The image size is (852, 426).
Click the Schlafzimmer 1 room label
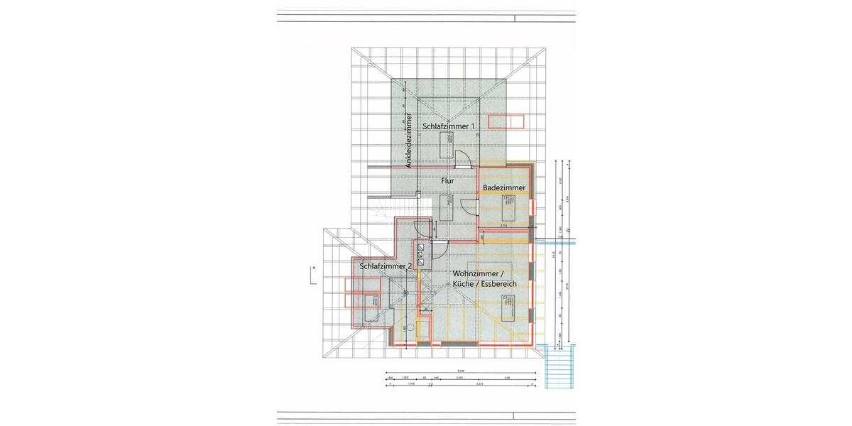tap(448, 126)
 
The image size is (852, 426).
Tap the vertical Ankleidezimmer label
tap(408, 140)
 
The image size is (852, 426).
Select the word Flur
tap(447, 181)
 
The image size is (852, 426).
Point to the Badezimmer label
tap(504, 187)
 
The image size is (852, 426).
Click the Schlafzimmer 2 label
tap(386, 266)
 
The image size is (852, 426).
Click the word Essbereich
tap(498, 284)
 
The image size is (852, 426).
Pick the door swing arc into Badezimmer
tap(469, 207)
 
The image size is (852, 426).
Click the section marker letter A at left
tap(312, 268)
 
